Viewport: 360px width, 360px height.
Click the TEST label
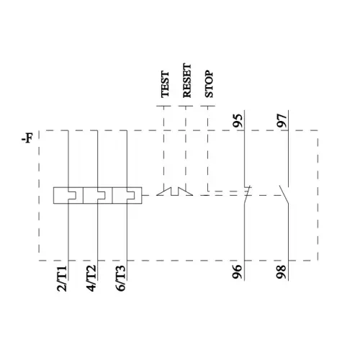165,84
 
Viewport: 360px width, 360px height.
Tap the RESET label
187,81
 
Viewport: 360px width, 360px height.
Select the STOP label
209,84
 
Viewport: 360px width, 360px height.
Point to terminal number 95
238,120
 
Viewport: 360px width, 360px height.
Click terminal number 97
282,120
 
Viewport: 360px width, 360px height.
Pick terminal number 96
237,271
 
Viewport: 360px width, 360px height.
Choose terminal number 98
281,271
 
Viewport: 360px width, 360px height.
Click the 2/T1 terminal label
62,279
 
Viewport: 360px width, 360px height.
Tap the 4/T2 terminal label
91,279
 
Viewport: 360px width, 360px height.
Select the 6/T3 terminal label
121,279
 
